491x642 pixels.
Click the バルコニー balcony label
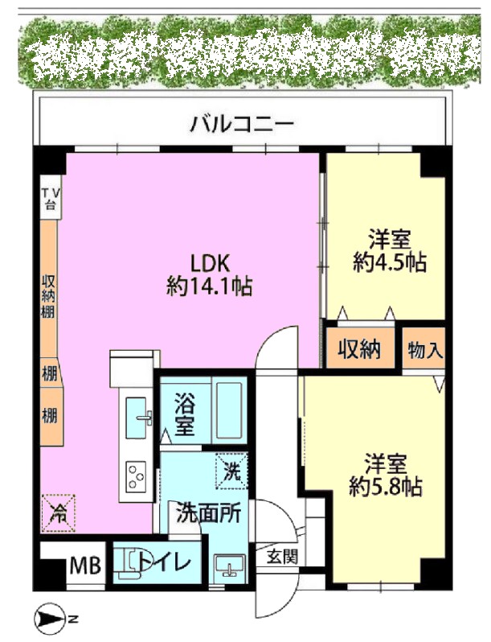pyautogui.click(x=242, y=123)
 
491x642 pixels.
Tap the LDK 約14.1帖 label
pyautogui.click(x=209, y=274)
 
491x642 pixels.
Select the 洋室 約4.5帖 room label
pyautogui.click(x=389, y=251)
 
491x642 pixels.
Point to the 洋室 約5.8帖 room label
pyautogui.click(x=386, y=475)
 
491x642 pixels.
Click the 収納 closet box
pyautogui.click(x=360, y=348)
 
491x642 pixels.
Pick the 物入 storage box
pyautogui.click(x=423, y=348)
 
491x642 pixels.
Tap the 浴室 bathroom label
pyautogui.click(x=184, y=414)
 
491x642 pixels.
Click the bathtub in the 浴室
pyautogui.click(x=231, y=410)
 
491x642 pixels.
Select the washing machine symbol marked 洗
pyautogui.click(x=231, y=471)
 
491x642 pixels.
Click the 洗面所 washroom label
pyautogui.click(x=208, y=513)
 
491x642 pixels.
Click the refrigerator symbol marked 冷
pyautogui.click(x=58, y=513)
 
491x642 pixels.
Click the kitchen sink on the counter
pyautogui.click(x=137, y=418)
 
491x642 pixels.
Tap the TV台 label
pyautogui.click(x=51, y=197)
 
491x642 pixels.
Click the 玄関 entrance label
pyautogui.click(x=282, y=557)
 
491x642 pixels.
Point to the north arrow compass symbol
pyautogui.click(x=50, y=618)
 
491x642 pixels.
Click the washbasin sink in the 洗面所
pyautogui.click(x=230, y=566)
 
